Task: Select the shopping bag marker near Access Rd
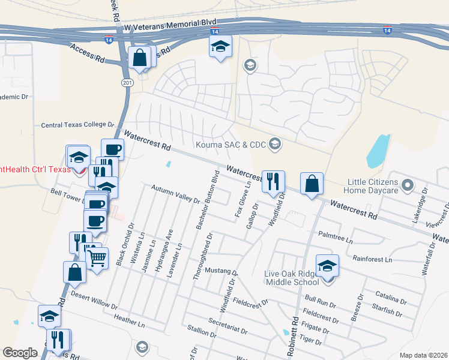tap(140, 59)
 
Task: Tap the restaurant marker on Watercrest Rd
tap(273, 182)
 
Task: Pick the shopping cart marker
tap(96, 259)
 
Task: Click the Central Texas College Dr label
tap(77, 125)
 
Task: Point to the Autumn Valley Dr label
tap(174, 194)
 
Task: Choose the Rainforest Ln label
tap(372, 260)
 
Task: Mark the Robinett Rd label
tap(292, 337)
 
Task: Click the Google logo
tap(20, 352)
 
